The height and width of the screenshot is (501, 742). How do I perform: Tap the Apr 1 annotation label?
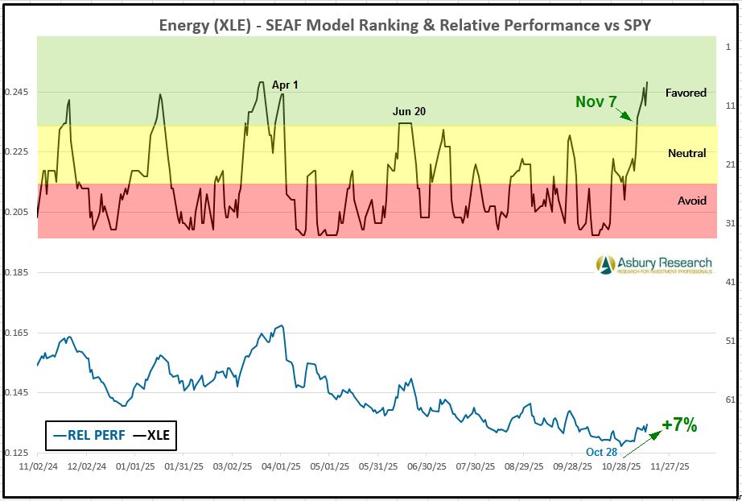285,85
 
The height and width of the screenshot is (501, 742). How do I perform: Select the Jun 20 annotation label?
409,111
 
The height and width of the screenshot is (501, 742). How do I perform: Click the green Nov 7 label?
596,102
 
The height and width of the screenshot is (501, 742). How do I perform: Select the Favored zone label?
686,93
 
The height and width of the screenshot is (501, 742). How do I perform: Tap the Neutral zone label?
686,153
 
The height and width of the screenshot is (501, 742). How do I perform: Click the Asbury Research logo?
653,264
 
